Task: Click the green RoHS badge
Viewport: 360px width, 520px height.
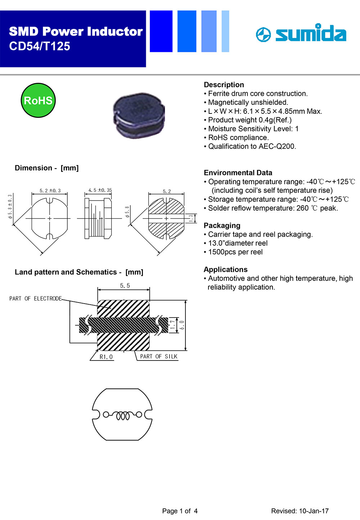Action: tap(38, 100)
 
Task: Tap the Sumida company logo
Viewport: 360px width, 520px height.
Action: tap(301, 33)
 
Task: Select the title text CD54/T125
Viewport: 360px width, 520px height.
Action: tap(40, 46)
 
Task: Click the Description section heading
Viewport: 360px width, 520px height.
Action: tap(224, 85)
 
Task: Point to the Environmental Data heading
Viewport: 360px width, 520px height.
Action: tap(238, 172)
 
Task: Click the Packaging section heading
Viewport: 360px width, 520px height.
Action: tap(222, 225)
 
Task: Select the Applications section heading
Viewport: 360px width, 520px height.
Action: tap(225, 269)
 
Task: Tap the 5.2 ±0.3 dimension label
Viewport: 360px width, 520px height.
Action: tap(50, 190)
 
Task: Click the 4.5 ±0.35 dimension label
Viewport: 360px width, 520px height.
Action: tap(100, 190)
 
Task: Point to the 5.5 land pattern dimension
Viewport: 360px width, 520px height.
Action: tap(125, 286)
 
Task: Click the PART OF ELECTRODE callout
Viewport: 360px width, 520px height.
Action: tap(35, 299)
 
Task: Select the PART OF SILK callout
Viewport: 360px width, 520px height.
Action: tap(159, 357)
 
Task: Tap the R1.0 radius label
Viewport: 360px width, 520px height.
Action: tap(106, 357)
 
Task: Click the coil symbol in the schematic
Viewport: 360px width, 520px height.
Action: tap(122, 415)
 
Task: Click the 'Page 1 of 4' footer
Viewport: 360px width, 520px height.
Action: tap(180, 511)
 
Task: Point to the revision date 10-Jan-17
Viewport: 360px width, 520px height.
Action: tap(314, 511)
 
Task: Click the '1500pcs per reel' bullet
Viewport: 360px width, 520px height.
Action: tap(235, 252)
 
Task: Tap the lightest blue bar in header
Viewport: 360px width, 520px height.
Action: tap(225, 31)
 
